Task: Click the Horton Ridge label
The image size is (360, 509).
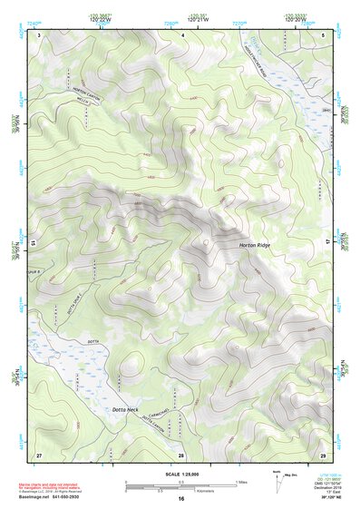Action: point(255,246)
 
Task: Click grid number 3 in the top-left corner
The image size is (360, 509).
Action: point(39,34)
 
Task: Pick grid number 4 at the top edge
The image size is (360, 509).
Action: point(182,34)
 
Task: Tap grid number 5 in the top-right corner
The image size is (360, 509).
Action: point(324,34)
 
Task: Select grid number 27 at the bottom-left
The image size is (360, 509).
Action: point(39,454)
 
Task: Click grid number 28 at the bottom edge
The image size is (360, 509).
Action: point(181,455)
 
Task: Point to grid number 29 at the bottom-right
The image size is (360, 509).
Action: point(323,454)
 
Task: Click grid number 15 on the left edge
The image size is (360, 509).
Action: point(34,243)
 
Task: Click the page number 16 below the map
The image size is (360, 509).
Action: point(181,499)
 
